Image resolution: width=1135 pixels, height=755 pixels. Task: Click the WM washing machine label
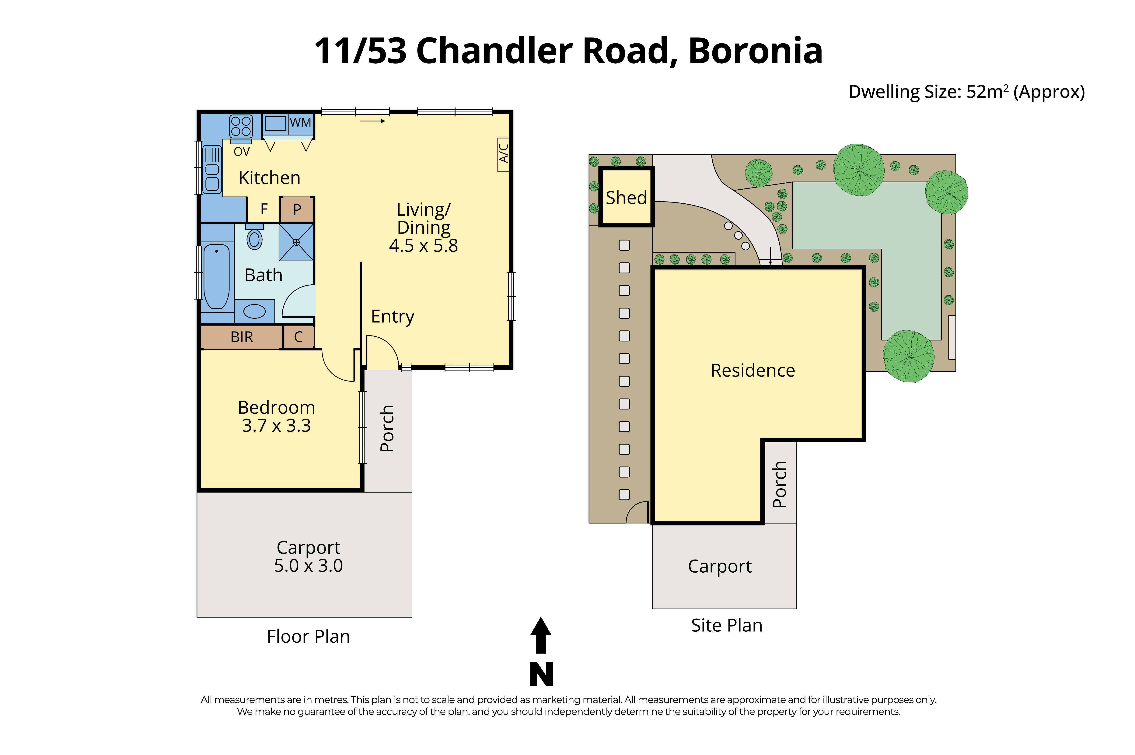pyautogui.click(x=300, y=123)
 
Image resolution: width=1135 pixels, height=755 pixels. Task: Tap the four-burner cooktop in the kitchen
pyautogui.click(x=241, y=126)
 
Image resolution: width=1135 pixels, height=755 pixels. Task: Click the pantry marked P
pyautogui.click(x=297, y=209)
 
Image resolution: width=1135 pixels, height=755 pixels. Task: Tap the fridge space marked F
pyautogui.click(x=264, y=209)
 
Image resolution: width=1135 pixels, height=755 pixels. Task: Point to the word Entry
pyautogui.click(x=392, y=316)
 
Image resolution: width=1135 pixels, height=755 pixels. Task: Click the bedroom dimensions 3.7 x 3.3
pyautogui.click(x=276, y=426)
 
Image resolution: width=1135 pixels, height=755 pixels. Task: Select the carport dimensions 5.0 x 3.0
pyautogui.click(x=308, y=565)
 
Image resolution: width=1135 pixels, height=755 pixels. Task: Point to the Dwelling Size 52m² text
pyautogui.click(x=966, y=91)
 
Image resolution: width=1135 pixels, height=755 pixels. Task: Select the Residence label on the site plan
pyautogui.click(x=752, y=370)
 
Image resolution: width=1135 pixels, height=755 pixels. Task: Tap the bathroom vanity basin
pyautogui.click(x=254, y=311)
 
